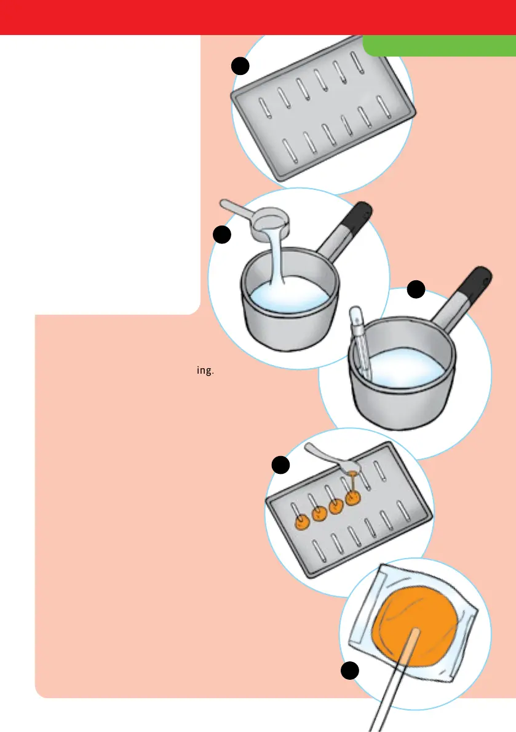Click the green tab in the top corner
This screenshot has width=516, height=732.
click(x=440, y=45)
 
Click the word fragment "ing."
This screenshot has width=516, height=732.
click(x=205, y=371)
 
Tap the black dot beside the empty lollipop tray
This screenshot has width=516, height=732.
click(x=240, y=66)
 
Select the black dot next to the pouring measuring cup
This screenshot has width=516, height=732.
click(x=222, y=234)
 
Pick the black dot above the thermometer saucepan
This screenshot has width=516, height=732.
click(x=416, y=289)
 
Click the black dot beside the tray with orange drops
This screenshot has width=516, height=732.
click(x=280, y=465)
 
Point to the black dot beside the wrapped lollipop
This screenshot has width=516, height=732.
click(x=350, y=671)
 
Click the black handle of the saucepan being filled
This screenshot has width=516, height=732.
click(x=358, y=215)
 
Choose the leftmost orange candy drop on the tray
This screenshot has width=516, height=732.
click(x=303, y=522)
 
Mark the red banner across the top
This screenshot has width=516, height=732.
click(x=258, y=17)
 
